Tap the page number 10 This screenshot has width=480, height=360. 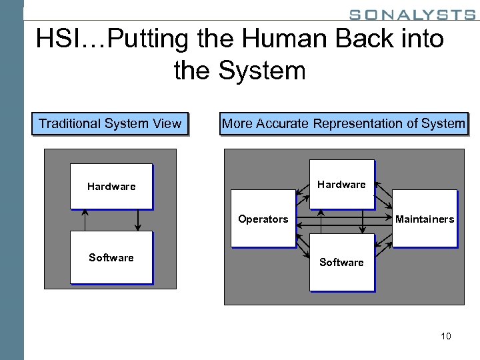(445, 336)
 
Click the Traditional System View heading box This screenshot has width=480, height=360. (110, 123)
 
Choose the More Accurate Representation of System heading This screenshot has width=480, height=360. (343, 123)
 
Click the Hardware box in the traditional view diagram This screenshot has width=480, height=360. (111, 186)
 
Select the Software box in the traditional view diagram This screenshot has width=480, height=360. (111, 257)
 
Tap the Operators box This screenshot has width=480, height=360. (263, 219)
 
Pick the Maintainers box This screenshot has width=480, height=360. (425, 219)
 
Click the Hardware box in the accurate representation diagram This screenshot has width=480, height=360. (341, 184)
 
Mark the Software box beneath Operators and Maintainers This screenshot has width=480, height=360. (341, 262)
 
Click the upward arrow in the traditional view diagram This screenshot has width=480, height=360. (85, 219)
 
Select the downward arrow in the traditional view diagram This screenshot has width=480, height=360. (137, 219)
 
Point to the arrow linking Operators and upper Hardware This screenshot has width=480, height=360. (302, 189)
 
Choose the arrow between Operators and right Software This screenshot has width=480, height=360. (302, 247)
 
